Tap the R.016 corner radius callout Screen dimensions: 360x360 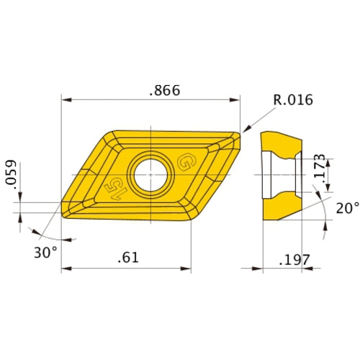click(293, 100)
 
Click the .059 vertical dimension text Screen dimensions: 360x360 click(10, 174)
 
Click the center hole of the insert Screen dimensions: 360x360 click(151, 174)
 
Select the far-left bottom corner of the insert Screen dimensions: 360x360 click(63, 217)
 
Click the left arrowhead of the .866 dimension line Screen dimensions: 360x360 click(65, 99)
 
